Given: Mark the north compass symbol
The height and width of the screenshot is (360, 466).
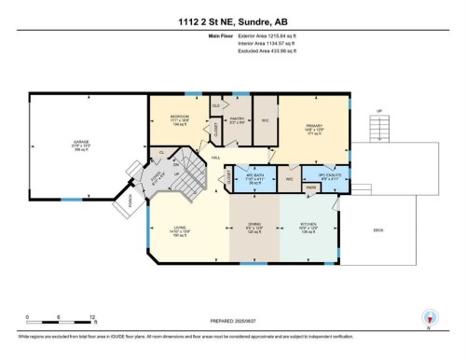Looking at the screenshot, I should pos(428,318).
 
